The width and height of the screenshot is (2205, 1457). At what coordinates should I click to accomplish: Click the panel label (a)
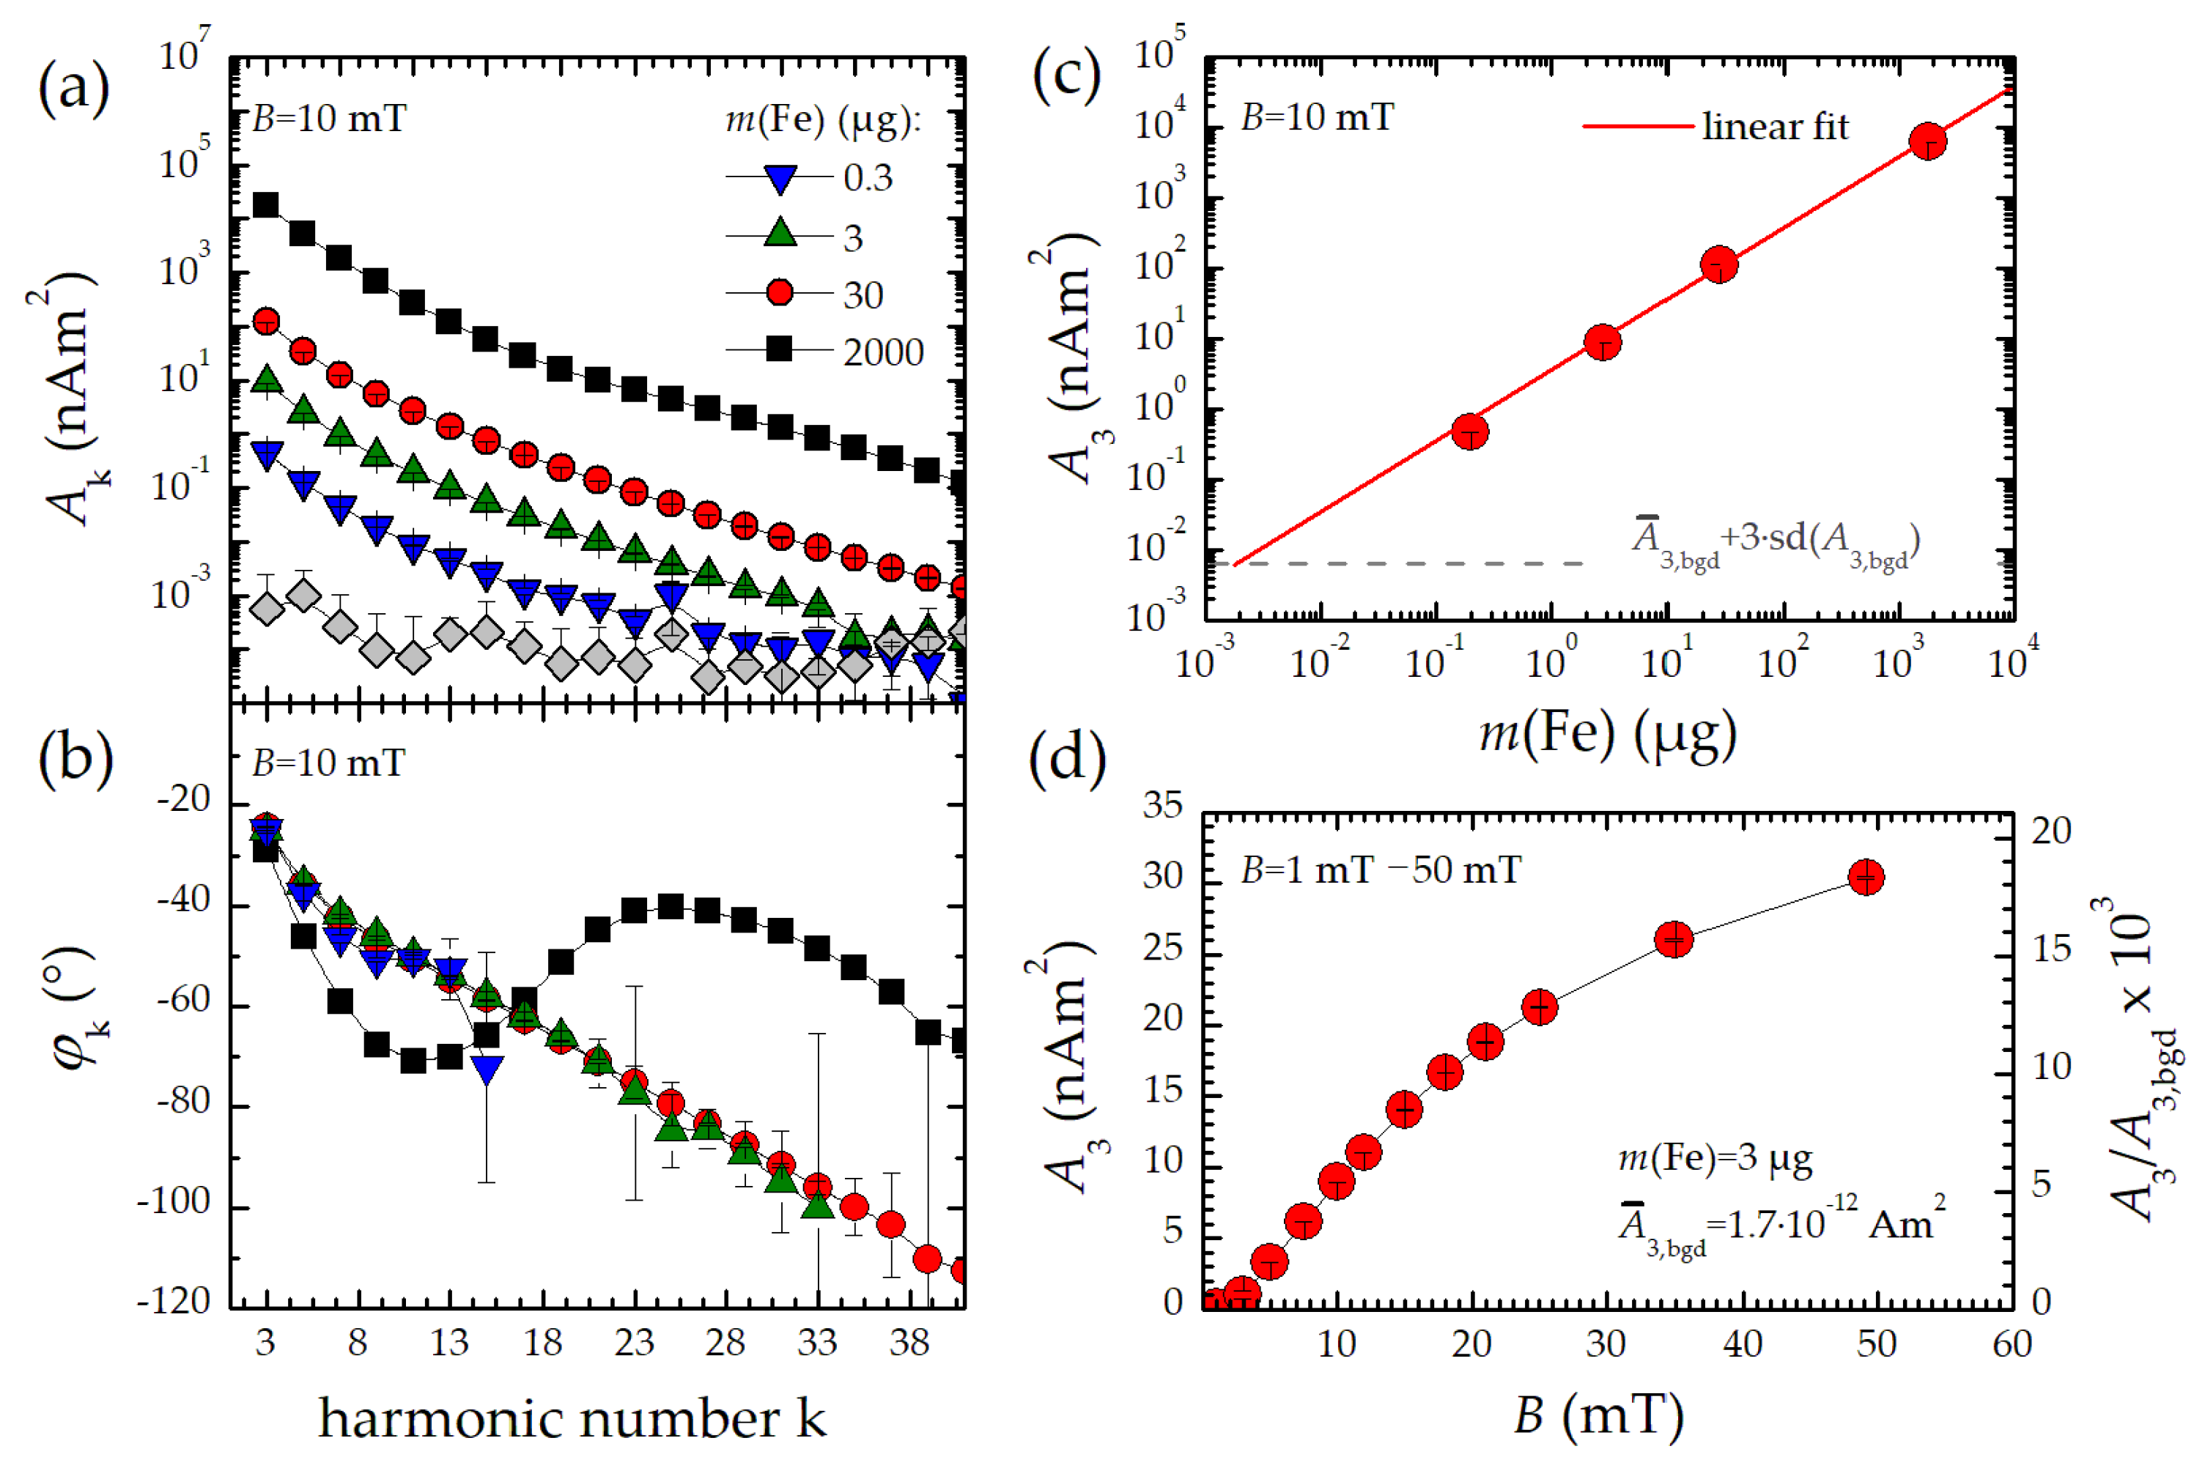[73, 89]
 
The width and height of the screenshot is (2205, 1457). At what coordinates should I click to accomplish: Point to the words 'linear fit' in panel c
[1775, 127]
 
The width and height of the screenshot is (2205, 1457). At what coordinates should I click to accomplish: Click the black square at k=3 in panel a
[267, 204]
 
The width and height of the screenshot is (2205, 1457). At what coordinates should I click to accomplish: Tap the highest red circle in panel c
[1929, 141]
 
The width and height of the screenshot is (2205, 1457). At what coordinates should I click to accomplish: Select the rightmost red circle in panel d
[1866, 876]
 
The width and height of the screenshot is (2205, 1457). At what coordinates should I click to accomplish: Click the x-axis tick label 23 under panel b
[634, 1342]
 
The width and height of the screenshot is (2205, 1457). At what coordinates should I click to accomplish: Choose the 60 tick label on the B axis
[2012, 1343]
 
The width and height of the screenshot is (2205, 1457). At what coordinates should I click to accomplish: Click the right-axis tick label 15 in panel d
[2050, 949]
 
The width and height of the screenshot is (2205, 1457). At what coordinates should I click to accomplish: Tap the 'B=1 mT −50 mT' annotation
[1381, 870]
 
